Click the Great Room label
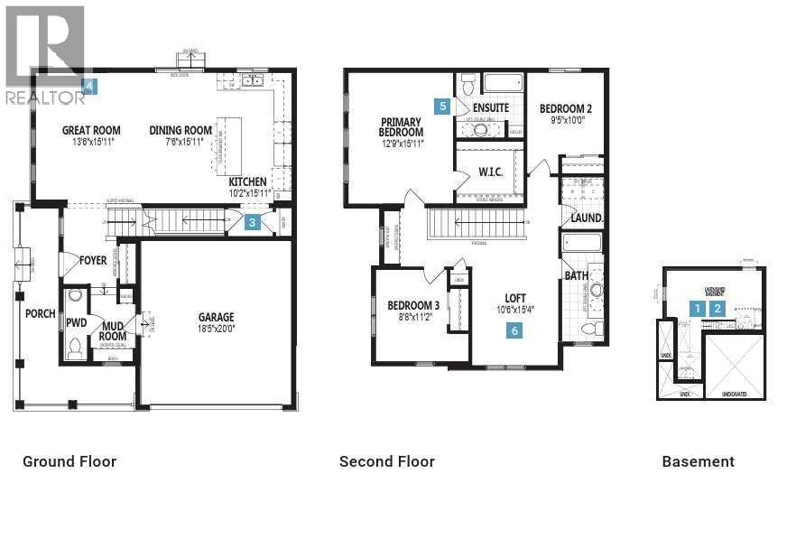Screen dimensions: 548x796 pos(91,130)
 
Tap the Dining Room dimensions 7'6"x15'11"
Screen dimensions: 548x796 pos(180,142)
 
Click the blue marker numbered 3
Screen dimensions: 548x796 pos(253,222)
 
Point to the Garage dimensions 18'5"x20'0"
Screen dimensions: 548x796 pos(217,330)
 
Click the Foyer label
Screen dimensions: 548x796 pos(93,260)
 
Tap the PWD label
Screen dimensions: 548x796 pos(76,321)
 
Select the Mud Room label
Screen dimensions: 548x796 pos(113,331)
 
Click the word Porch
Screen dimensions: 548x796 pos(41,314)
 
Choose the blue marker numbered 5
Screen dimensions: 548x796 pos(442,106)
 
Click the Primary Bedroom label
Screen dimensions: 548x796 pos(401,126)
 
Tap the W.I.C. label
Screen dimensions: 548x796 pos(490,172)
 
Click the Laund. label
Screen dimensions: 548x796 pos(587,218)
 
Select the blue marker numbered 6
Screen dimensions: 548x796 pos(514,330)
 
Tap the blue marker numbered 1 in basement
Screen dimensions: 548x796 pos(697,308)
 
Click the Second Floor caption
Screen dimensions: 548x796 pos(386,461)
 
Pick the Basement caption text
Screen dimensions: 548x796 pos(698,461)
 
